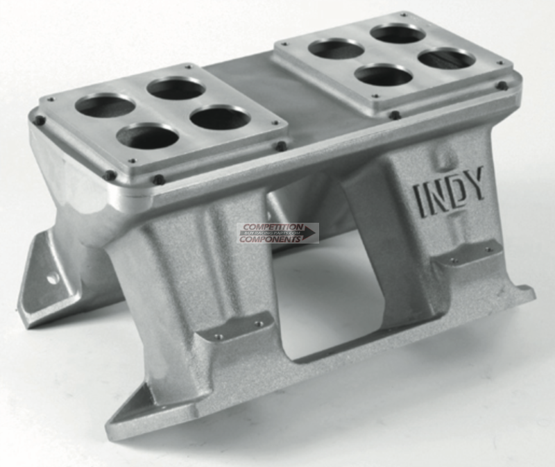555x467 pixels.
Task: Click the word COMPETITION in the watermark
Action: click(271, 227)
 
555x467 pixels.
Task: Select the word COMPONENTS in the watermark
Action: click(271, 238)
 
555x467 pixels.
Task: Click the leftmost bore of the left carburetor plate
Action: click(105, 105)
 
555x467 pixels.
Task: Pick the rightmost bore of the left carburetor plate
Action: click(219, 118)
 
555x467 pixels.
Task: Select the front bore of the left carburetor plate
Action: click(147, 136)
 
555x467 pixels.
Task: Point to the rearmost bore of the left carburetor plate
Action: click(176, 88)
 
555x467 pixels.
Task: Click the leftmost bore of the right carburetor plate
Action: click(336, 49)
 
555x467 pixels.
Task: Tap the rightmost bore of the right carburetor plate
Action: click(447, 59)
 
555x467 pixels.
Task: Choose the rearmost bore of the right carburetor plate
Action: click(398, 33)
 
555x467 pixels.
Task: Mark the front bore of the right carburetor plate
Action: click(384, 74)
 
